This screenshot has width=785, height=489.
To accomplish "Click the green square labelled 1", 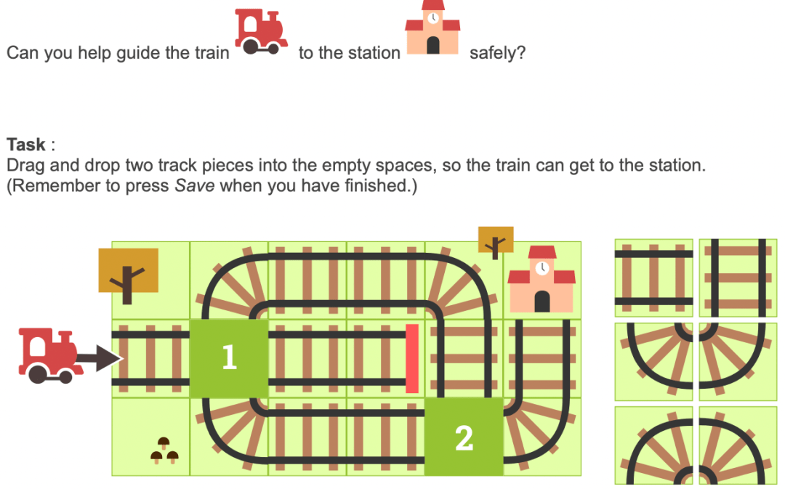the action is coord(229,358).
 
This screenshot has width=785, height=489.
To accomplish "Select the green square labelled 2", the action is coord(464,437).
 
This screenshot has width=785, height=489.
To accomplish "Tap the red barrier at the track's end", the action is coord(412,358).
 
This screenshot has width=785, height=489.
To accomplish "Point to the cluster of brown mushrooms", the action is coord(164,450).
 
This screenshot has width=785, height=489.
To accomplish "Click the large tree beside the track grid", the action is coord(128,275).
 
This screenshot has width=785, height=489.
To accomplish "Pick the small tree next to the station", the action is coord(496,242).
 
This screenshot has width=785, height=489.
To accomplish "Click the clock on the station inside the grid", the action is coord(542,268).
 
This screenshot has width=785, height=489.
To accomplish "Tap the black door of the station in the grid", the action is coord(542,302).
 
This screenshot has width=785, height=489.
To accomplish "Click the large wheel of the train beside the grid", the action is coord(38,373).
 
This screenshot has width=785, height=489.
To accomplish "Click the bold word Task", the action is coord(26,145).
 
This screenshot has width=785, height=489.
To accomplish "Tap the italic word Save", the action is coord(195,186).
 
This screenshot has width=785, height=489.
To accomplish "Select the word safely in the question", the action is coord(497,52).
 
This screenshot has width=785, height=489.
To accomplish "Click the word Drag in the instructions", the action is coord(25,166).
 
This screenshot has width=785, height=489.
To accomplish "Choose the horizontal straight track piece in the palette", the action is coord(654,278).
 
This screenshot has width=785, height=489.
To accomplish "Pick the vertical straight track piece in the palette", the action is coord(738,278).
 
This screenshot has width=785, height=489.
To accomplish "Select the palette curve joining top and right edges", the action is coord(654,361).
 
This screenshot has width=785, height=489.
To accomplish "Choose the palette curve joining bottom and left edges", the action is coord(738,445).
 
